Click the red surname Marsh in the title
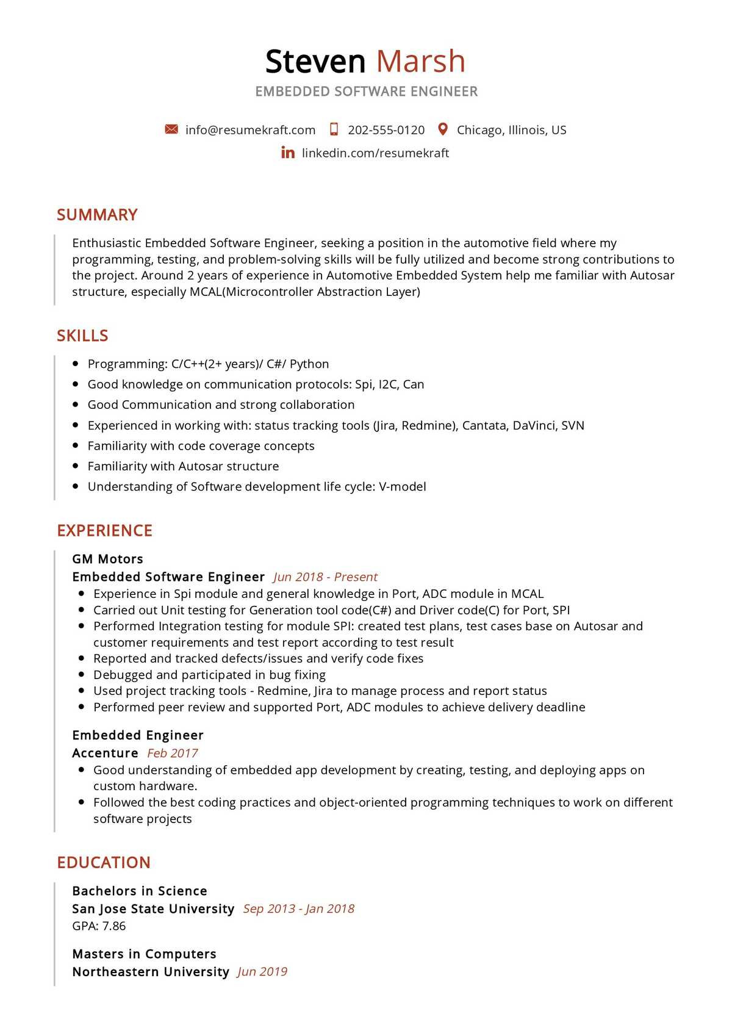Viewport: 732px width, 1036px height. coord(420,62)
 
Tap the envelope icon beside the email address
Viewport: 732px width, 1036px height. coord(171,129)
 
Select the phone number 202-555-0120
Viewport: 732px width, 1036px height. coord(386,130)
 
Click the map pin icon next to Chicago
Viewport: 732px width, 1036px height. coord(443,129)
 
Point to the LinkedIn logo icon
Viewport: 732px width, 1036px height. coord(288,153)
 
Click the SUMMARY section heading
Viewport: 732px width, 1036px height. coord(97,215)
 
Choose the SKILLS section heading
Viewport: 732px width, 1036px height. coord(82,336)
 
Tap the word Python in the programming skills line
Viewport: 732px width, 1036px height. coord(309,364)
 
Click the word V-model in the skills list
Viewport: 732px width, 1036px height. coord(402,487)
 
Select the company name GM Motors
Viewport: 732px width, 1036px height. coord(107,559)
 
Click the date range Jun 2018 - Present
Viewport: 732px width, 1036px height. coord(325,577)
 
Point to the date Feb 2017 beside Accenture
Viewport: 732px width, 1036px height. coord(173,754)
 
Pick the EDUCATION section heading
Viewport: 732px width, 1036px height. coord(104,863)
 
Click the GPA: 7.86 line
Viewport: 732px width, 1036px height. coord(99,926)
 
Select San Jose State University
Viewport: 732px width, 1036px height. coord(153,909)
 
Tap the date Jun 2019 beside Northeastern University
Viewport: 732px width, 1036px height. coord(262,972)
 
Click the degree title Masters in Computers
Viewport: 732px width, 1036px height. coord(144,954)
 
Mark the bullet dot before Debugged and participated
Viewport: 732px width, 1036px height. coord(81,675)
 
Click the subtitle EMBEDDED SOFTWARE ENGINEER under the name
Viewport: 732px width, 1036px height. coord(366,92)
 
